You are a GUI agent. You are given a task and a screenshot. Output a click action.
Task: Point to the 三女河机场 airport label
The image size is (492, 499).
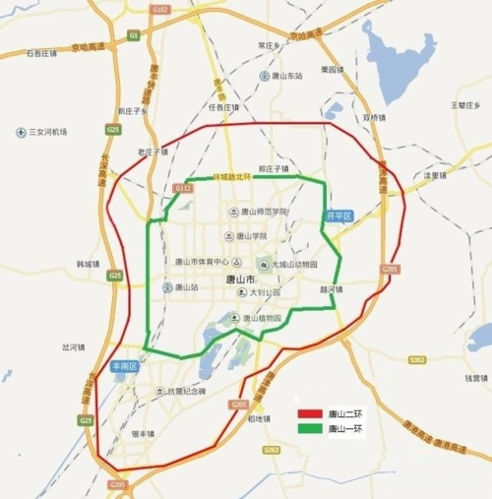pyautogui.click(x=46, y=131)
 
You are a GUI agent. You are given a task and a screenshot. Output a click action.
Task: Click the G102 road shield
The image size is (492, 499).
pyautogui.click(x=161, y=9)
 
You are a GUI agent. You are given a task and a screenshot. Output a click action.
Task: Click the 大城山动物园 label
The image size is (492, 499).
pyautogui.click(x=294, y=264)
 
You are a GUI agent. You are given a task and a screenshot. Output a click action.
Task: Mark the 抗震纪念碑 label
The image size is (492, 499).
pyautogui.click(x=186, y=391)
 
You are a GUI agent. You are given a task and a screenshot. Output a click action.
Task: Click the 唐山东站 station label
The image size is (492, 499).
pyautogui.click(x=287, y=75)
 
